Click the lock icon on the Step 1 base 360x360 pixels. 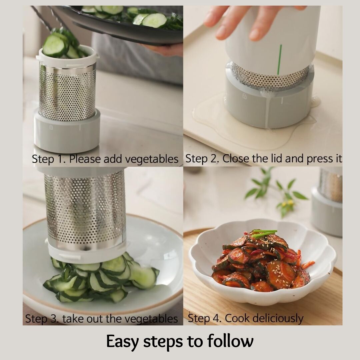click(51, 128)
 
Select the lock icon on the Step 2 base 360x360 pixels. click(244, 96)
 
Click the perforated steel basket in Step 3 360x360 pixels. click(85, 209)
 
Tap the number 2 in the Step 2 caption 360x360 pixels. click(215, 158)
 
